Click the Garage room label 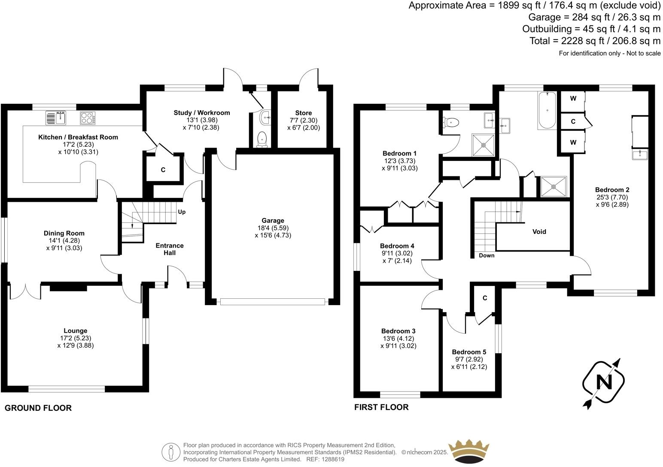[273, 221]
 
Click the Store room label [303, 113]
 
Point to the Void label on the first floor [539, 232]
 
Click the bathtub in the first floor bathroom [547, 111]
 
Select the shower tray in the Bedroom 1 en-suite [484, 145]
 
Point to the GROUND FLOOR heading [38, 408]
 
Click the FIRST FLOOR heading [381, 407]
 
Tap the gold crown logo [468, 451]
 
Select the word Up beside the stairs [182, 212]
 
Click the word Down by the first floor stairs [487, 255]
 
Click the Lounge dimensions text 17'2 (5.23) [76, 338]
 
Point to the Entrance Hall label [169, 249]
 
